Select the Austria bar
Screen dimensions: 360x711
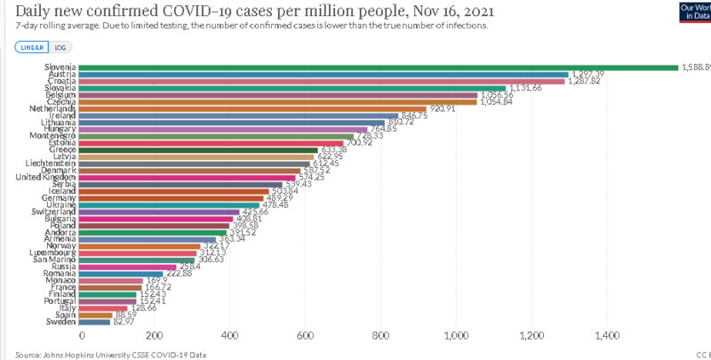tap(324, 74)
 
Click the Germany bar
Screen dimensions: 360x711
tap(173, 197)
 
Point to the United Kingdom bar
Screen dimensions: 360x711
tap(188, 177)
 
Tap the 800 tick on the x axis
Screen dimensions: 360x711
tap(381, 337)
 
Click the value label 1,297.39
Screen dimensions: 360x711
tap(592, 74)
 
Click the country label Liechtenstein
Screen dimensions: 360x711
tap(52, 164)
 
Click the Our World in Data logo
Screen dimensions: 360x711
tap(695, 12)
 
